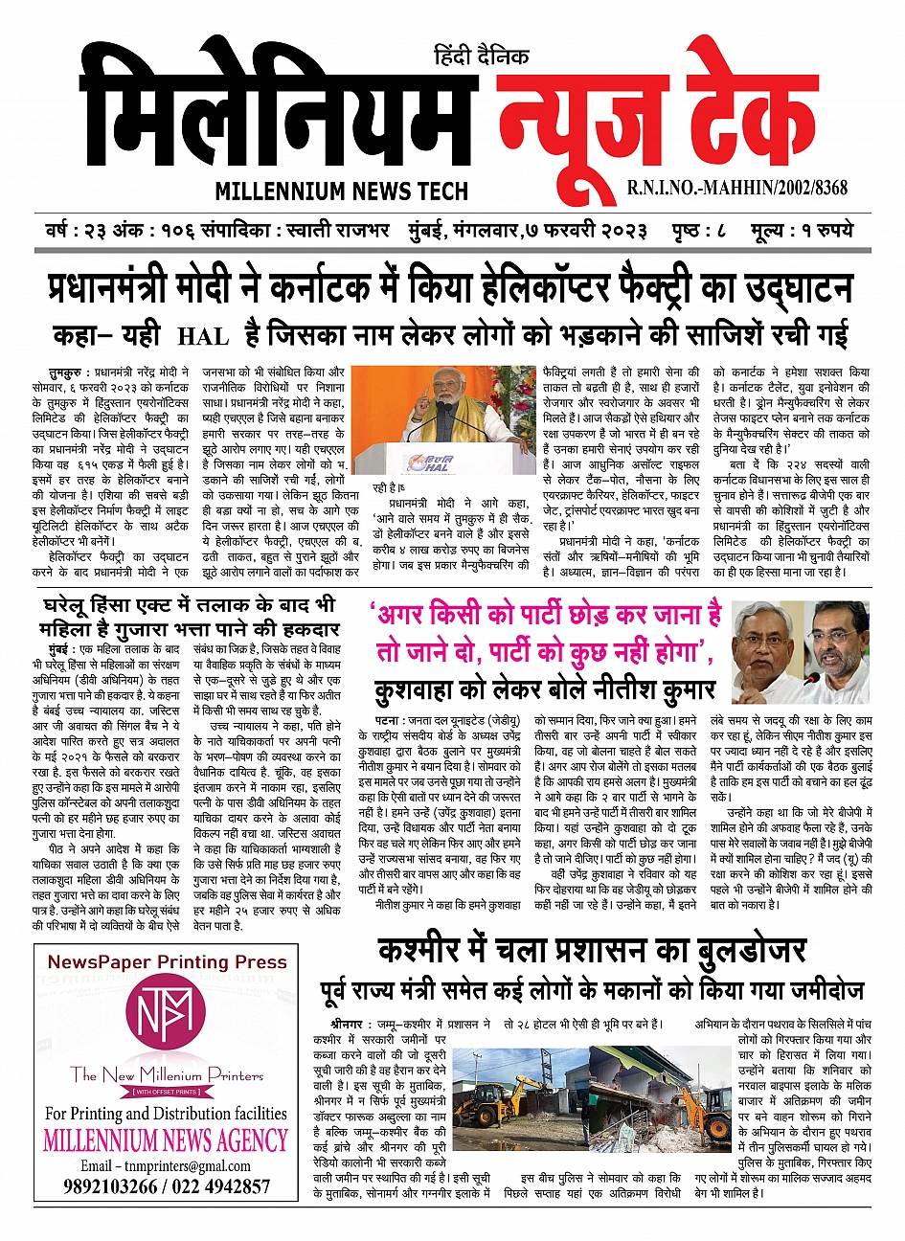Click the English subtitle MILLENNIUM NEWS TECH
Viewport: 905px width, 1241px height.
tap(342, 190)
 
